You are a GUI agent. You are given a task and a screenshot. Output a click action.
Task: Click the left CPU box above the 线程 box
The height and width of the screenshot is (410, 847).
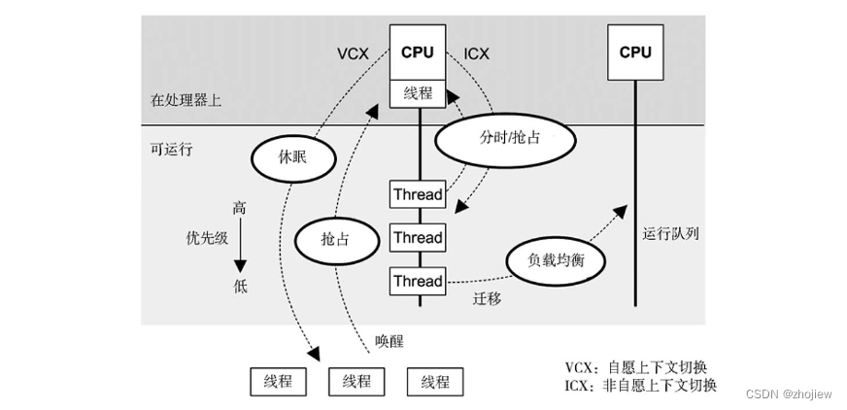pyautogui.click(x=418, y=52)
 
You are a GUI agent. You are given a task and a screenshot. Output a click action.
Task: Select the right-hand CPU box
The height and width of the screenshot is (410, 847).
pyautogui.click(x=635, y=52)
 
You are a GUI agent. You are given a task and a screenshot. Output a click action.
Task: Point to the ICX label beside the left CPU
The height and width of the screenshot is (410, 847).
pyautogui.click(x=477, y=53)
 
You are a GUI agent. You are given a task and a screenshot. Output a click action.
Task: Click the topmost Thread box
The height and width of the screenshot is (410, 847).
pyautogui.click(x=418, y=194)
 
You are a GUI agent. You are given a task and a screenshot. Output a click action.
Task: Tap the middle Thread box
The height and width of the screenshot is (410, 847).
pyautogui.click(x=418, y=238)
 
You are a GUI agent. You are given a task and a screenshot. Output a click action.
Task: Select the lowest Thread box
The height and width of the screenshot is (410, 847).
pyautogui.click(x=418, y=282)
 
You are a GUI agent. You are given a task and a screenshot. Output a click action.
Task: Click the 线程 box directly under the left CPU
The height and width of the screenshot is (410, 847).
pyautogui.click(x=418, y=94)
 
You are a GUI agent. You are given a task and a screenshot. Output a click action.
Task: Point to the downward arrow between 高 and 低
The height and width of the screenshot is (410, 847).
pyautogui.click(x=239, y=247)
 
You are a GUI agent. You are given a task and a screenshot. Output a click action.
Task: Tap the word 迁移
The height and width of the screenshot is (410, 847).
pyautogui.click(x=487, y=300)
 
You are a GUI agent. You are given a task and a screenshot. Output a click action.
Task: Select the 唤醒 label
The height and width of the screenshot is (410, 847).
pyautogui.click(x=389, y=342)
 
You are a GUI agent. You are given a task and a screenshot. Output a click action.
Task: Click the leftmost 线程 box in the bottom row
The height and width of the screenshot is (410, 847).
pyautogui.click(x=278, y=382)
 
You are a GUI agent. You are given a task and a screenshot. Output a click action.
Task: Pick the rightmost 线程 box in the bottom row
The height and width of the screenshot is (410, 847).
pyautogui.click(x=434, y=382)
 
